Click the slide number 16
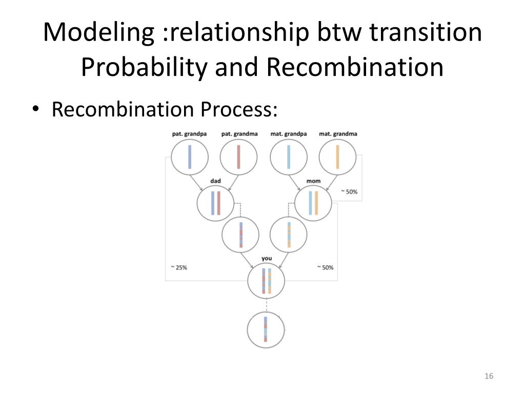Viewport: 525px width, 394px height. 488,377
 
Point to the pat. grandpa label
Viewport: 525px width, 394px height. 190,134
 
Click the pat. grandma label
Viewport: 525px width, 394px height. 239,134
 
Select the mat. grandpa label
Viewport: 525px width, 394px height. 289,134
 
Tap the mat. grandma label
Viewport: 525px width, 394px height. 338,134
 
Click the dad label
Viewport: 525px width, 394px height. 215,181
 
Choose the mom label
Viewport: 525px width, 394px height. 313,181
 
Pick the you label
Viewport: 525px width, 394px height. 266,258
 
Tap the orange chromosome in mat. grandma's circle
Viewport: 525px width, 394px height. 337,157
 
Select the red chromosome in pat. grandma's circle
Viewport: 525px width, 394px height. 239,157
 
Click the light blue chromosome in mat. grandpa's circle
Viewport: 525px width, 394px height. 289,157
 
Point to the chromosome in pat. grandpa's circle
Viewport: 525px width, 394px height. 190,157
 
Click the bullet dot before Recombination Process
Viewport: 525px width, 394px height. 35,109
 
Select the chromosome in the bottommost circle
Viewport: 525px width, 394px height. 266,329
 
